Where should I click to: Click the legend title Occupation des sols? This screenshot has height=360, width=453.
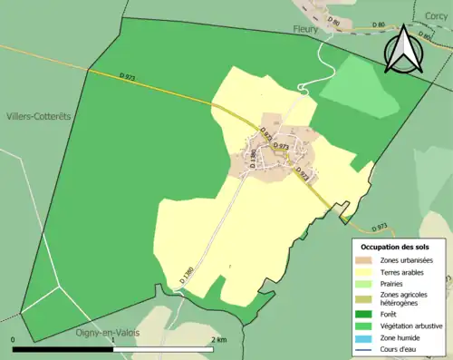(395, 247)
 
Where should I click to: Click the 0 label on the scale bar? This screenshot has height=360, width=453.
(14, 339)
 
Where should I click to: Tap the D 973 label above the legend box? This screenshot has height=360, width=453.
(378, 226)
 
